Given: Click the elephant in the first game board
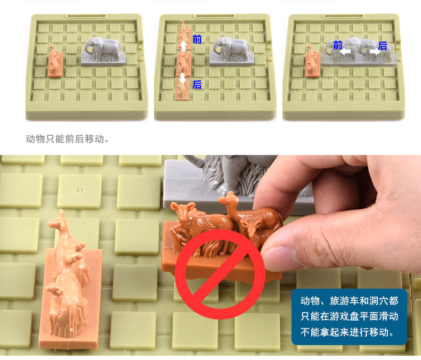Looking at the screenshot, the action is click(103, 52).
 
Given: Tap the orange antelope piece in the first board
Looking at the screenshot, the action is click(55, 62).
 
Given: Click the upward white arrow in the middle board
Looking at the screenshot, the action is click(183, 46).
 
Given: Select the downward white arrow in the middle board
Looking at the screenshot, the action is click(183, 78).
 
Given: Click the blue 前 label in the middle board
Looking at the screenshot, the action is click(197, 39).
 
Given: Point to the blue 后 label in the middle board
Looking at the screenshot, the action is click(197, 85).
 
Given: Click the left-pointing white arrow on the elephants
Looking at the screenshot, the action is click(345, 52).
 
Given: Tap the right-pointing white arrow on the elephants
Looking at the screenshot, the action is click(375, 52).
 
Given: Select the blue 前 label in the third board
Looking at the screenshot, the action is click(338, 45).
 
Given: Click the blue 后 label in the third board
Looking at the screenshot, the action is click(383, 46).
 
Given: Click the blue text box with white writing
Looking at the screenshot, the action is click(349, 316).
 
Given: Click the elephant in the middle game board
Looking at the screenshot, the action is click(231, 52).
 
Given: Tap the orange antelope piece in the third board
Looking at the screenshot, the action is click(312, 62).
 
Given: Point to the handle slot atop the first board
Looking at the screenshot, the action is click(86, 16).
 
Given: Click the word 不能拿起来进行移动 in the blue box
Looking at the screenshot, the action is click(347, 332).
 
